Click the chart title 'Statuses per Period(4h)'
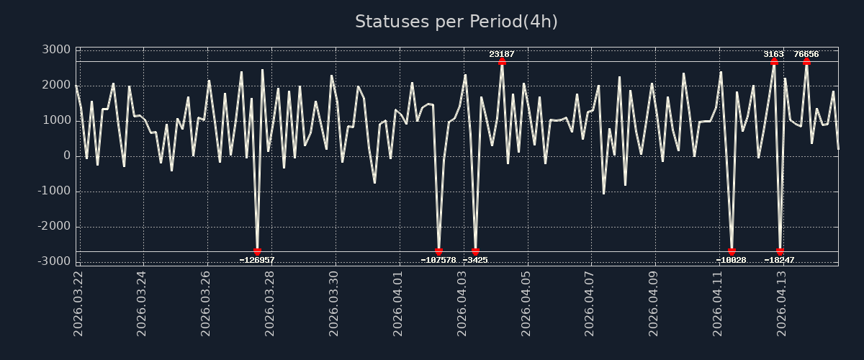[456, 22]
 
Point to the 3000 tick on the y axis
[56, 50]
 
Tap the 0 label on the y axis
[66, 156]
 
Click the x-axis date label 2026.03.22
[78, 302]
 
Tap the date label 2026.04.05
[526, 302]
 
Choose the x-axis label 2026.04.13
[781, 302]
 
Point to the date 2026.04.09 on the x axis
[654, 302]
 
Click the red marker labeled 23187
[502, 62]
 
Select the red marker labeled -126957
[257, 251]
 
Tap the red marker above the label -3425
[475, 251]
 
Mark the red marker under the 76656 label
[806, 62]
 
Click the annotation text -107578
[438, 260]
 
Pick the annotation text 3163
[774, 54]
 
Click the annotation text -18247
[780, 260]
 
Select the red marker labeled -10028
[732, 251]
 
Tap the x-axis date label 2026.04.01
[398, 302]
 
